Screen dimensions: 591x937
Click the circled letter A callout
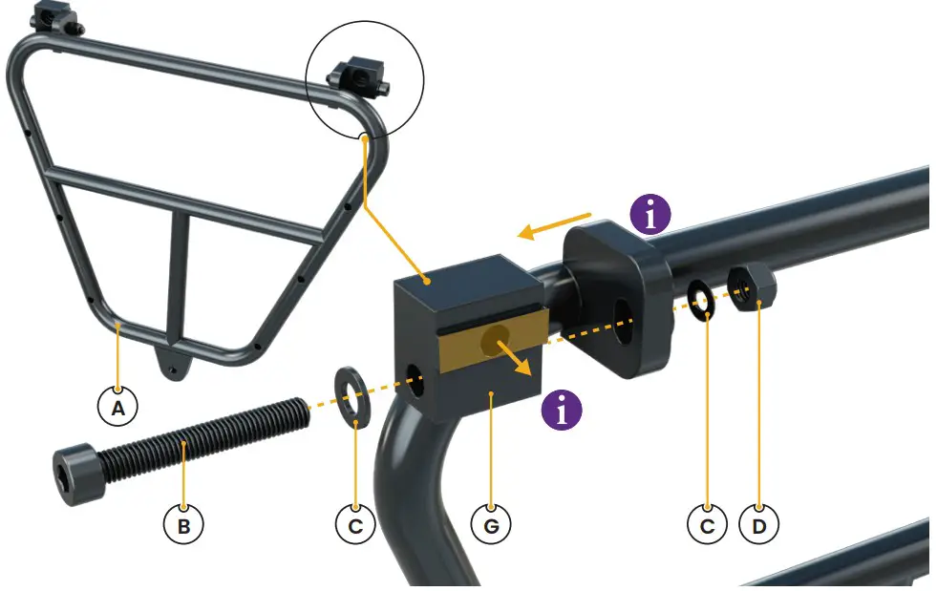pyautogui.click(x=117, y=408)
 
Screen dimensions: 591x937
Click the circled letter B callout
pyautogui.click(x=183, y=524)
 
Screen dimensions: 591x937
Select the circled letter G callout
pyautogui.click(x=492, y=524)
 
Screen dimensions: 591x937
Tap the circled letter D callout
pyautogui.click(x=759, y=524)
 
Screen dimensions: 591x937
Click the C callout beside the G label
pyautogui.click(x=355, y=524)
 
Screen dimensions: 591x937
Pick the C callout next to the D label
pyautogui.click(x=707, y=524)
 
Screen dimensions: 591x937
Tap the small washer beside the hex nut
pyautogui.click(x=704, y=301)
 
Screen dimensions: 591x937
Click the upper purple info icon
pyautogui.click(x=651, y=216)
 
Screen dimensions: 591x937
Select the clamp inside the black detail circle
pyautogui.click(x=361, y=74)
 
